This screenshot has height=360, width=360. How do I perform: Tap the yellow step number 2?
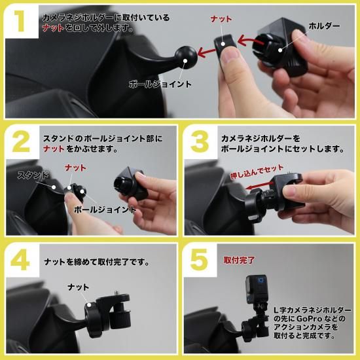click(21, 142)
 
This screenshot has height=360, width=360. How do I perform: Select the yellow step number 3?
click(200, 142)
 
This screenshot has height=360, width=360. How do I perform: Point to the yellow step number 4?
click(20, 260)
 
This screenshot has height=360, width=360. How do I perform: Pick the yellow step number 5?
click(199, 260)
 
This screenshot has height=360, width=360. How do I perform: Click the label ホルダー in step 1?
click(324, 26)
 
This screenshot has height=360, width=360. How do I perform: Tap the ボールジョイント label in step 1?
click(160, 84)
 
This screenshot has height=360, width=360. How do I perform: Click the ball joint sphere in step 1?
click(186, 58)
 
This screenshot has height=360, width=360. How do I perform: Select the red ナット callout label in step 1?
click(221, 19)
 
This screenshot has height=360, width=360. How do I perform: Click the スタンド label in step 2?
click(33, 175)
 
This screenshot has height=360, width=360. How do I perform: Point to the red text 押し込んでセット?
click(257, 171)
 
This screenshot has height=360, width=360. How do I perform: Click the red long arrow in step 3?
click(259, 186)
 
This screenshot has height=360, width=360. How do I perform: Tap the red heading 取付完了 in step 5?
click(239, 260)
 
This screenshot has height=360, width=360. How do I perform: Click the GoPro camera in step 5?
click(257, 289)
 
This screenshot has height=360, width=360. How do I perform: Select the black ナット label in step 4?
click(79, 287)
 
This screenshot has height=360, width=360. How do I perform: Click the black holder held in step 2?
click(130, 183)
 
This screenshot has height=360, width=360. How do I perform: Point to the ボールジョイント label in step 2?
click(105, 209)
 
